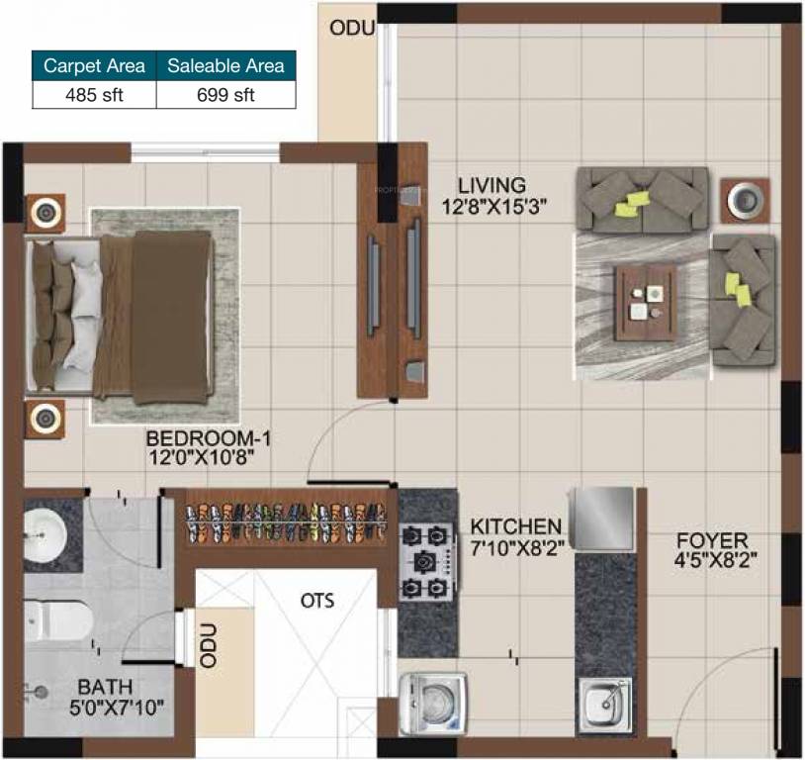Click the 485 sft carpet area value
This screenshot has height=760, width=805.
(x=94, y=95)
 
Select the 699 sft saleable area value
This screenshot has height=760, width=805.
(x=225, y=95)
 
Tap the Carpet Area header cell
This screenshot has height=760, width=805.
(x=94, y=66)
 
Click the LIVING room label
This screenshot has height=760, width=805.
(x=491, y=185)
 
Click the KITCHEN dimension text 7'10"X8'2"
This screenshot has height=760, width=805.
(x=516, y=547)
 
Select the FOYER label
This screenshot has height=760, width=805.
(x=711, y=540)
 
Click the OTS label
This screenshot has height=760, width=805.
(x=317, y=601)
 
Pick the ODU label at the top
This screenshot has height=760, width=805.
(x=352, y=29)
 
